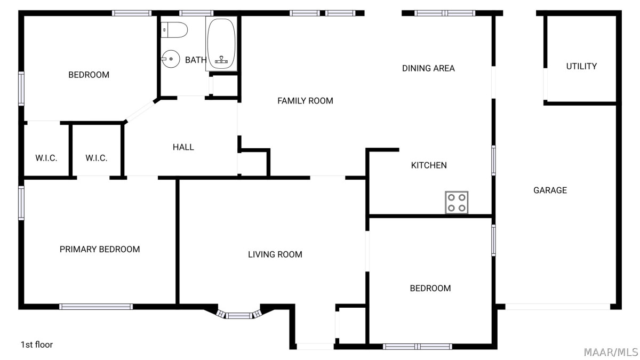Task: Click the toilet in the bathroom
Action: click(x=174, y=30)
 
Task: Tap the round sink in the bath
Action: click(x=171, y=59)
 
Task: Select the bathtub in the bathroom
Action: click(x=221, y=44)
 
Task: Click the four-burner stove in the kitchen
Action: click(x=457, y=202)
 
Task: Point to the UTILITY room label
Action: click(x=581, y=66)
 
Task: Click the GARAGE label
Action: click(x=550, y=190)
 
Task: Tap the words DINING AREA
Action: click(x=428, y=68)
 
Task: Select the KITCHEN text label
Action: click(x=429, y=165)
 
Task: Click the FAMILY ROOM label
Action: click(x=305, y=101)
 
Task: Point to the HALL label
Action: click(x=183, y=147)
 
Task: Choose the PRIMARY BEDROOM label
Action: click(x=100, y=250)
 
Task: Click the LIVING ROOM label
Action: click(x=275, y=254)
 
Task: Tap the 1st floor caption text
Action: click(x=37, y=345)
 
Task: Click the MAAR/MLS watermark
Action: click(x=611, y=353)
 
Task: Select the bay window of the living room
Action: click(x=238, y=315)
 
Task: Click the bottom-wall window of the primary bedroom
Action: click(x=96, y=307)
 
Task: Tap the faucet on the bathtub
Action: click(x=221, y=60)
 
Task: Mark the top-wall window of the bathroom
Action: click(x=196, y=13)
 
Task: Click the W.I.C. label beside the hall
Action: click(x=97, y=158)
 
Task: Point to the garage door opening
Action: click(x=558, y=307)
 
